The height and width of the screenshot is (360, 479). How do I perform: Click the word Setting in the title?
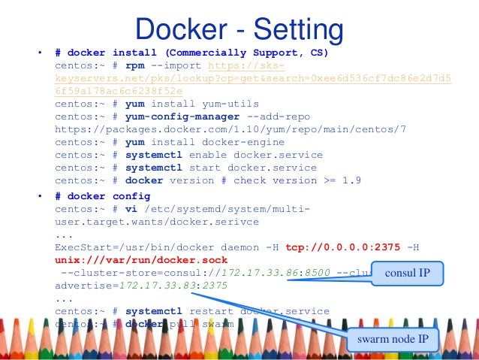pyautogui.click(x=300, y=30)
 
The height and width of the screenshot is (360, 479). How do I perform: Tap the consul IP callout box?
pyautogui.click(x=408, y=273)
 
